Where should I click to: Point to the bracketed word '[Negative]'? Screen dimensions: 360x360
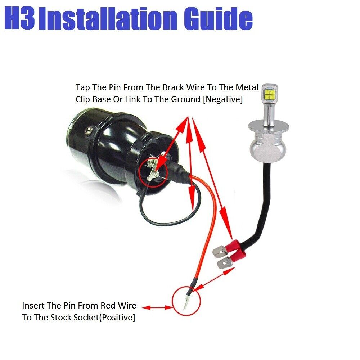pos(223,99)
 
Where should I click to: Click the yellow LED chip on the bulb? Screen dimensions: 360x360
pos(271,95)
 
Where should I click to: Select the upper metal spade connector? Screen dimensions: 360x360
pos(220,251)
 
